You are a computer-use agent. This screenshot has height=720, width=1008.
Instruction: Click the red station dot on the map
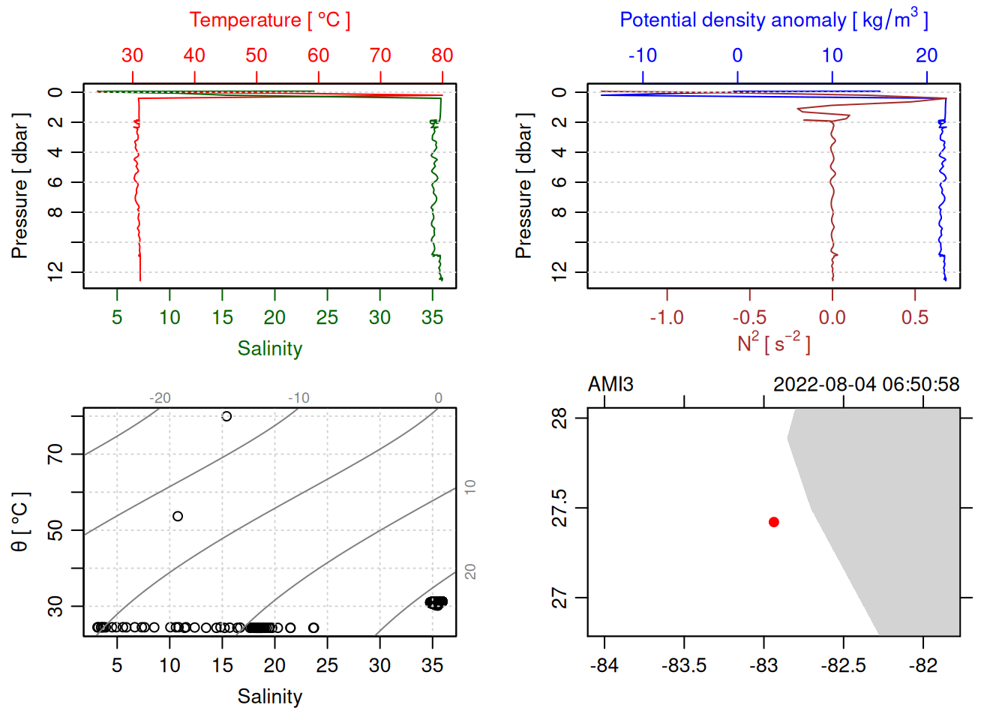pos(773,522)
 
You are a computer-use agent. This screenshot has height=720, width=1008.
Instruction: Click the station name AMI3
pos(610,385)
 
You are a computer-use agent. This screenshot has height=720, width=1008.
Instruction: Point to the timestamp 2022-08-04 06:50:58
pos(865,385)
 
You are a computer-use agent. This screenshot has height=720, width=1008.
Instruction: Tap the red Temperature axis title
pos(269,20)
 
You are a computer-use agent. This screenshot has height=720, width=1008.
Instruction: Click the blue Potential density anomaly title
pos(773,19)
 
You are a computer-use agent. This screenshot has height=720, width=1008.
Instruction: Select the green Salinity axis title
pos(269,349)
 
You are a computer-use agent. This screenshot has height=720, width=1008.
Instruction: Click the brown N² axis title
pos(773,343)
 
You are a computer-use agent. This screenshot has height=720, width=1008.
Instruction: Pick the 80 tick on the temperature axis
pos(442,55)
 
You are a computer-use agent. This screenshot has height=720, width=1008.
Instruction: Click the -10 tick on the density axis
pos(643,55)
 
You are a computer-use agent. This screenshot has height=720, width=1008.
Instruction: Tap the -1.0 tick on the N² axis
pos(667,318)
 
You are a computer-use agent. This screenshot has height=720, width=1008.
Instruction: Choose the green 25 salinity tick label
pos(327,318)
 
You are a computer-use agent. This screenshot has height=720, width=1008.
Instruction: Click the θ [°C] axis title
pos(20,522)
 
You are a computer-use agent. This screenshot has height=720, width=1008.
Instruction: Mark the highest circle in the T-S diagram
pos(226,416)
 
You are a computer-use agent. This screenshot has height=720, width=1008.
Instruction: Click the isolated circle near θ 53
pos(178,516)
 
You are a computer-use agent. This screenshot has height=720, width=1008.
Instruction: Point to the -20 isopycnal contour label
pos(160,398)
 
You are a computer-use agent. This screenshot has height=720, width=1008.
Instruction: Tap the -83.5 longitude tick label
pos(684,666)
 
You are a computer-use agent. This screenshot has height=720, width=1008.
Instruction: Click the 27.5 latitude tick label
pos(559,508)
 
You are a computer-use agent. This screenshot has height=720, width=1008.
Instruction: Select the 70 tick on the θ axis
pos(55,454)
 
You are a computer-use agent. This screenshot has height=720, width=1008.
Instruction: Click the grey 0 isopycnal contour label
pos(439,398)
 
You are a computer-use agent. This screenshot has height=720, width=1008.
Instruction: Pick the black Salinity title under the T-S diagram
pos(269,697)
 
